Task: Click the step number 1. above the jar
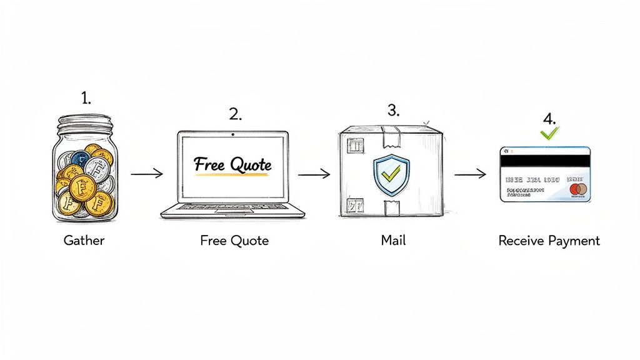coord(86,98)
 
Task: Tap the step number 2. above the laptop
coord(235,114)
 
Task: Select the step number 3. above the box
coord(393,111)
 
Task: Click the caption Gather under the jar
coord(84,241)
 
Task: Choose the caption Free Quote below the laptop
coord(234,241)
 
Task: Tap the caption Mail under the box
coord(393,241)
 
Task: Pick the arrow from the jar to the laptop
coord(147,173)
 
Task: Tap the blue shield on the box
coord(391,174)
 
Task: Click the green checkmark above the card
coord(550,132)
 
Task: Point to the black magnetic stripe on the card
coord(545,161)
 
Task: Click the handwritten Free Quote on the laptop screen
coord(232,166)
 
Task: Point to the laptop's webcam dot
coord(232,134)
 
